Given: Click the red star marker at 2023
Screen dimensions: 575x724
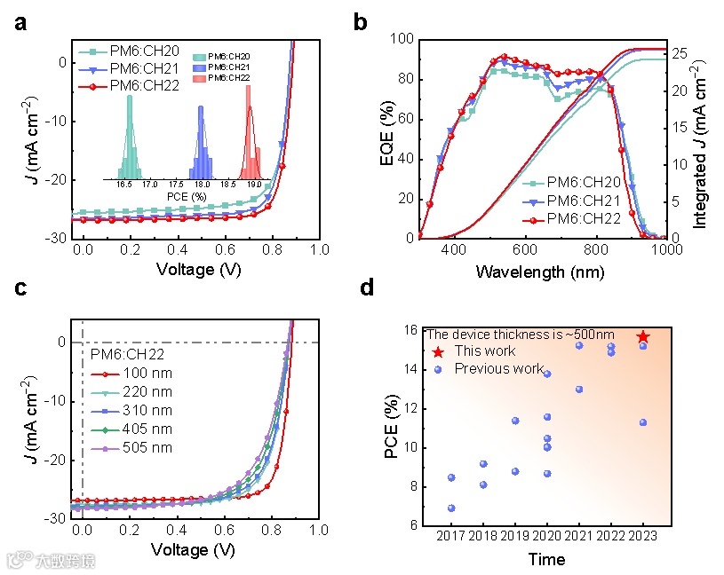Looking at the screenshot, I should point(643,337).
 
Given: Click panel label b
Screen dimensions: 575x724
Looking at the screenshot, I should point(360,23).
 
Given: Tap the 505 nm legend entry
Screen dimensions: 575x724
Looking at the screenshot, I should point(148,448).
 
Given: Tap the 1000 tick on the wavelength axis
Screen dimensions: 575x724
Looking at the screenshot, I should point(666,251).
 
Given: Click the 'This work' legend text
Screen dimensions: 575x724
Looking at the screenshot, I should point(485,351).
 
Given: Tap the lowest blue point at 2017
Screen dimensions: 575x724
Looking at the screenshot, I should point(451,508).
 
